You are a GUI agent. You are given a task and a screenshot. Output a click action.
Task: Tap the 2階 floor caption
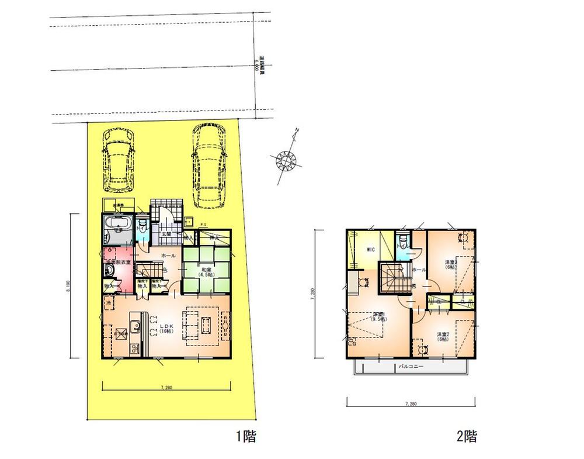(x=467, y=436)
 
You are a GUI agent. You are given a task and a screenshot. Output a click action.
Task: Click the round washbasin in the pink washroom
(x=109, y=270)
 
